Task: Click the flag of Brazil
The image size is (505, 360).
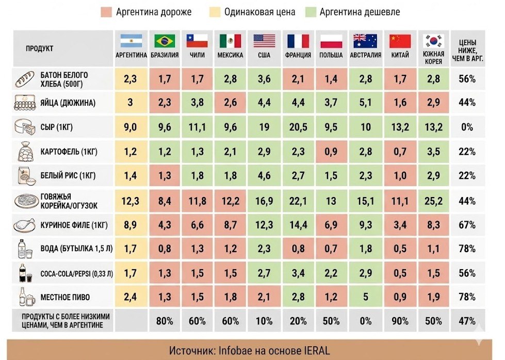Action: coord(165,41)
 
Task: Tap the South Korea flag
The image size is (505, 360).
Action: coord(433,41)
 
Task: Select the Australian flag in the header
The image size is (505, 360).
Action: coord(365,41)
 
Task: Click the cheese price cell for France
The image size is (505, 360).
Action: coord(298,127)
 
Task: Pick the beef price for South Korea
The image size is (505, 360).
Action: coord(433,201)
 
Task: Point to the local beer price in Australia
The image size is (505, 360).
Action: coord(366,297)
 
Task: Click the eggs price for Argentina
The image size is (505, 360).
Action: coord(131,103)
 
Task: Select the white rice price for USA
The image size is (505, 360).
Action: coord(264,176)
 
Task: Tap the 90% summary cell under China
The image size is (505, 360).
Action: coord(400,321)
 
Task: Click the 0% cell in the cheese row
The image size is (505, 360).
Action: coord(467,127)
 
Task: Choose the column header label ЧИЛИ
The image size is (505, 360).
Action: coord(197,55)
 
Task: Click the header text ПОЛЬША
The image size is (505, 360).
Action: coord(331,55)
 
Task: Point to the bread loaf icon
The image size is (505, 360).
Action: coord(25,79)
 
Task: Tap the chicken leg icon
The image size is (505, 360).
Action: coord(24,225)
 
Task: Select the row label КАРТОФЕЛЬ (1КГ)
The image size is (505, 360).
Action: coord(69,151)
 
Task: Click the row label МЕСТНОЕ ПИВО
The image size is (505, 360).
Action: coord(65,297)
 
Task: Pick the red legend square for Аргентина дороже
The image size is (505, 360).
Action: coord(106,12)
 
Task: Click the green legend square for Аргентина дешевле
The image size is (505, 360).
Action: coord(311,12)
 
